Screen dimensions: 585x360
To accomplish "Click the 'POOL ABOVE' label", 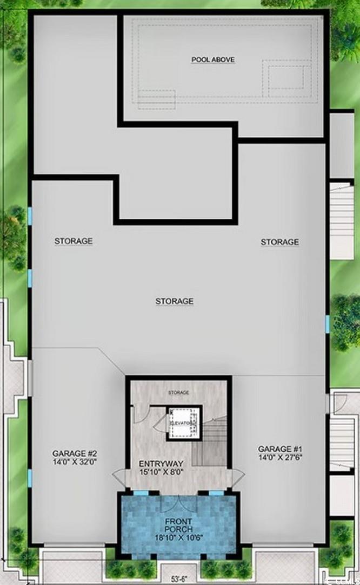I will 213,60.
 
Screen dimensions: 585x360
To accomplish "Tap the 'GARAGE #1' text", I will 279,448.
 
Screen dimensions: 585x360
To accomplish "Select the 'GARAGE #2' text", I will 74,453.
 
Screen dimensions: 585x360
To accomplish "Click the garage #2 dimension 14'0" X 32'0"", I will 74,462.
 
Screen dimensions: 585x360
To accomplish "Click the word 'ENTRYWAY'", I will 161,464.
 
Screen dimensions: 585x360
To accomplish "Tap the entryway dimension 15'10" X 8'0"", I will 161,472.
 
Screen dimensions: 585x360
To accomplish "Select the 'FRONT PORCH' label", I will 178,525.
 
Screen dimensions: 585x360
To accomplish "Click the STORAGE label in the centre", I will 174,301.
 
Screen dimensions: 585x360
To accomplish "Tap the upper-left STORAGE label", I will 74,240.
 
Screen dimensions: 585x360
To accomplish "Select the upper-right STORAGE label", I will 279,242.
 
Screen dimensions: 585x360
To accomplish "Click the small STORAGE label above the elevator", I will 178,392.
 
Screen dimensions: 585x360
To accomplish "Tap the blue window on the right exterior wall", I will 328,324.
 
